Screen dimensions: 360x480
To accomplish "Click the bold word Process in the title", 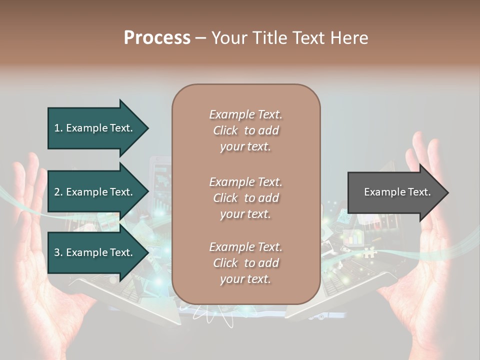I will click(x=157, y=38).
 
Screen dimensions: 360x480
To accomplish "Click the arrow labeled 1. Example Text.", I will click(x=93, y=128).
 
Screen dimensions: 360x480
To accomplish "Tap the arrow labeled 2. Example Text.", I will click(x=93, y=192).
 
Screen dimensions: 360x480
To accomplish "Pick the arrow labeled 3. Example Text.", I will click(x=93, y=252).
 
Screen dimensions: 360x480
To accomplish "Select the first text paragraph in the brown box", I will click(x=245, y=130).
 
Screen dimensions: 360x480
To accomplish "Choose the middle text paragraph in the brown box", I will click(x=245, y=198).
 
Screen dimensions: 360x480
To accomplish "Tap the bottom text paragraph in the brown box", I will click(x=245, y=263).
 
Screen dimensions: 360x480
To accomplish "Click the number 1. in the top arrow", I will click(x=58, y=128).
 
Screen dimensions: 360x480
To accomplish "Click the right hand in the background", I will click(x=430, y=250).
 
